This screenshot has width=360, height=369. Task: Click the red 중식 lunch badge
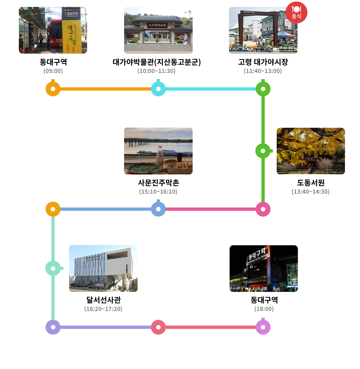click(x=296, y=12)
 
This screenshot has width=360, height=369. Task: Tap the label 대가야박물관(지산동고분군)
click(x=157, y=62)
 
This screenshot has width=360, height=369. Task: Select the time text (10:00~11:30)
click(x=156, y=71)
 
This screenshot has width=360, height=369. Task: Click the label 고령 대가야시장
click(x=263, y=62)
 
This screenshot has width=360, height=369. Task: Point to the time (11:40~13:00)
click(x=263, y=71)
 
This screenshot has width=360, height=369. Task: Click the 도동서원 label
click(x=311, y=183)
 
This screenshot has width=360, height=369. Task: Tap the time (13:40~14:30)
click(x=310, y=192)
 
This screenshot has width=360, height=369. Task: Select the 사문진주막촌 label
click(x=158, y=183)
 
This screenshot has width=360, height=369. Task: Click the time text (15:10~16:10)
click(x=158, y=192)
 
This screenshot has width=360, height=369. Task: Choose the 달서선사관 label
click(x=103, y=300)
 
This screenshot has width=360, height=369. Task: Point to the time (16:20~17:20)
click(x=103, y=309)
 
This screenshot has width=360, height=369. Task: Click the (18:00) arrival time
click(x=264, y=309)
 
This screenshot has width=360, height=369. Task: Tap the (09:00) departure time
click(x=53, y=71)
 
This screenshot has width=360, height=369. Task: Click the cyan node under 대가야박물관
click(x=158, y=89)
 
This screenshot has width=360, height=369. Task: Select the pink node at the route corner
click(x=263, y=209)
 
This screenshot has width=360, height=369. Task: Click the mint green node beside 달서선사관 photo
click(x=53, y=268)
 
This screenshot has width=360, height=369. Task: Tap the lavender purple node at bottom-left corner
click(x=53, y=327)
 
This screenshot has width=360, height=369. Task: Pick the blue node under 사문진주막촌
click(x=158, y=209)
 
